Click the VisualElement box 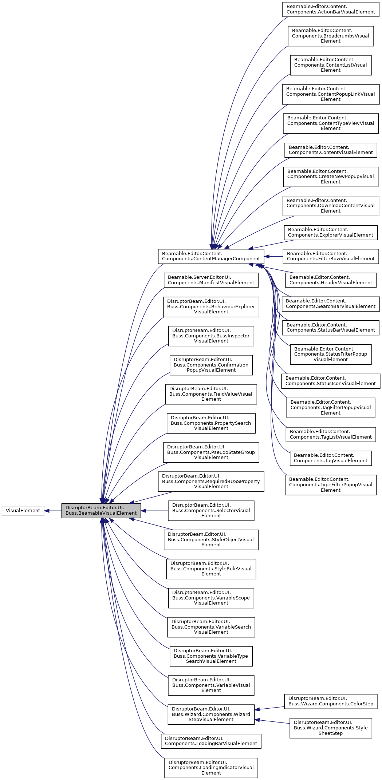tap(23, 511)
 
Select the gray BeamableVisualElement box tap(101, 511)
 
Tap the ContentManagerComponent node tap(211, 256)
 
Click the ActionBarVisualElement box tap(331, 9)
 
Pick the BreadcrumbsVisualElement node tap(331, 36)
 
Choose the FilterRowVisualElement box tap(331, 256)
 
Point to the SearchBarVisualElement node tap(331, 304)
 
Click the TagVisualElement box tap(331, 458)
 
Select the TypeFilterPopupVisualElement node tap(331, 484)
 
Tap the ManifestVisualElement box tap(211, 280)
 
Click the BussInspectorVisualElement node tap(211, 336)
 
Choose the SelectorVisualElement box tap(211, 510)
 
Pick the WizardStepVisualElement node tap(211, 714)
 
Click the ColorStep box tap(331, 701)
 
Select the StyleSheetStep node tap(331, 728)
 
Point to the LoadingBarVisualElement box tap(211, 741)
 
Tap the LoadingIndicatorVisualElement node tap(211, 768)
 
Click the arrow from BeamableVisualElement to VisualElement tap(53, 511)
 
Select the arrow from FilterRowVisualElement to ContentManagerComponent tap(273, 256)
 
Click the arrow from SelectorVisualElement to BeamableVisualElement tap(154, 511)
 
